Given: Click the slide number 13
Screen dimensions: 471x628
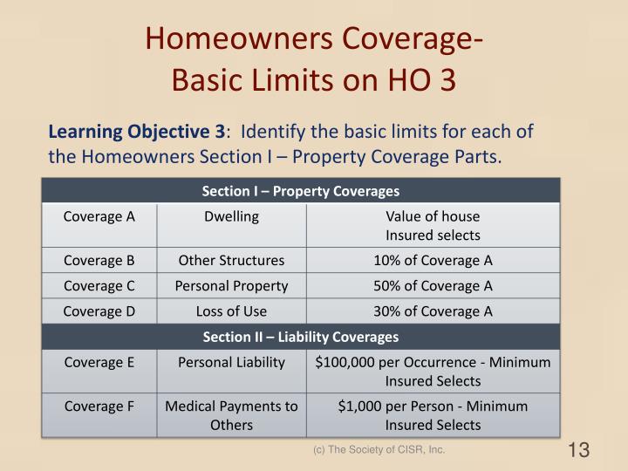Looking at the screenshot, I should point(578,450).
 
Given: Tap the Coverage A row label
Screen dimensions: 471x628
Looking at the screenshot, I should point(99,216).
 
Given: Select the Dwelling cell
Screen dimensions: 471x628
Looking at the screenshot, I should point(231,216).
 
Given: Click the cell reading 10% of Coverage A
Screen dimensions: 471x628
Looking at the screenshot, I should point(433,260).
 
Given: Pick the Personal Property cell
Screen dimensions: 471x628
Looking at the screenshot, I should point(231,285).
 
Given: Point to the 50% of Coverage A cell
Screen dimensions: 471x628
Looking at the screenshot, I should point(433,285).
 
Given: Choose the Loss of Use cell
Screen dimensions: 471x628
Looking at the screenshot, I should point(231,311).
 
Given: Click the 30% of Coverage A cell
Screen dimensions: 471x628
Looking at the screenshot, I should point(433,311).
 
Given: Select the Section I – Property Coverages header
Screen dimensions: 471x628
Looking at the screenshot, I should point(300,190).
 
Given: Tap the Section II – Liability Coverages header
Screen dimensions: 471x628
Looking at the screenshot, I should point(300,336).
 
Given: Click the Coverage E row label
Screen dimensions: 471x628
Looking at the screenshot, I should point(99,362).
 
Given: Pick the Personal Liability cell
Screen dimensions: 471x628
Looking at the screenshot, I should point(231,362).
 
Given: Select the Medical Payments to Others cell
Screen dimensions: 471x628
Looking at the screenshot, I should point(231,415).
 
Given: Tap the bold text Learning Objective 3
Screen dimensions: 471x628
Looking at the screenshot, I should point(136,133).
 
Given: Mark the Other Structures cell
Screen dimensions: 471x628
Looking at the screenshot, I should point(231,260).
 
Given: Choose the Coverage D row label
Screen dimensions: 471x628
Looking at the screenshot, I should point(99,311).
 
